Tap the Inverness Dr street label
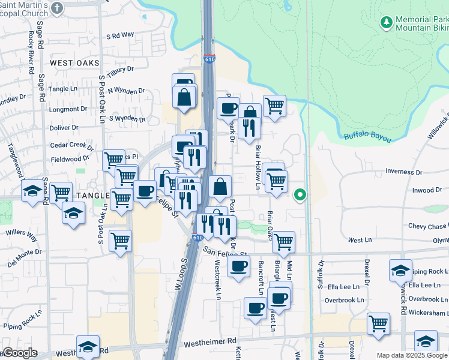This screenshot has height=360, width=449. pyautogui.click(x=404, y=172)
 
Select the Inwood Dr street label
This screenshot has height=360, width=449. pyautogui.click(x=427, y=191)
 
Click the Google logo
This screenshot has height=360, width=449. pyautogui.click(x=20, y=353)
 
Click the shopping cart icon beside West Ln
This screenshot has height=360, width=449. pyautogui.click(x=283, y=241)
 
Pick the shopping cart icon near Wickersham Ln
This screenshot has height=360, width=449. pyautogui.click(x=378, y=323)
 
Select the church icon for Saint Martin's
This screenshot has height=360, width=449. pyautogui.click(x=57, y=8)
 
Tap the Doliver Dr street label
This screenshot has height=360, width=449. pyautogui.click(x=60, y=128)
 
